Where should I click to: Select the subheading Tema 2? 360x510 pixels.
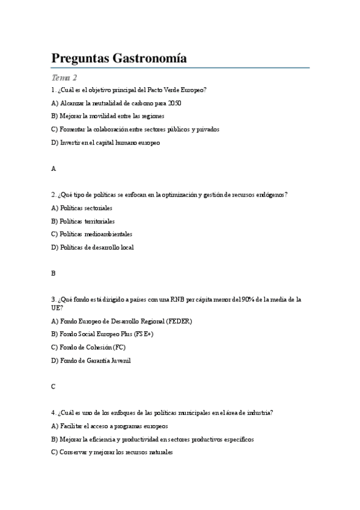click(x=64, y=78)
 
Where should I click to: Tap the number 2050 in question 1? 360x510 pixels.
click(x=175, y=103)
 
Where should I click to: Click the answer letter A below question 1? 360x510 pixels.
click(x=53, y=169)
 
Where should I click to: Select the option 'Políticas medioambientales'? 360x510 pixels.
click(x=96, y=234)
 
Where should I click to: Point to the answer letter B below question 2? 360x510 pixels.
click(x=53, y=273)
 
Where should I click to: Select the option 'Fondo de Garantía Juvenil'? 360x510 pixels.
click(x=95, y=360)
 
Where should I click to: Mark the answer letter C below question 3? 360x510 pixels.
click(x=53, y=387)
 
